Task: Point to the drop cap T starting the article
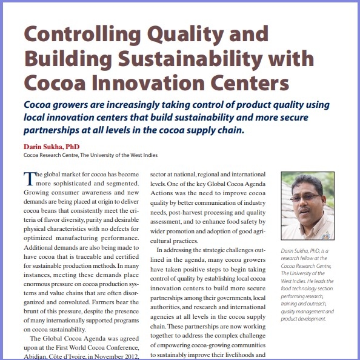pos(28,178)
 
